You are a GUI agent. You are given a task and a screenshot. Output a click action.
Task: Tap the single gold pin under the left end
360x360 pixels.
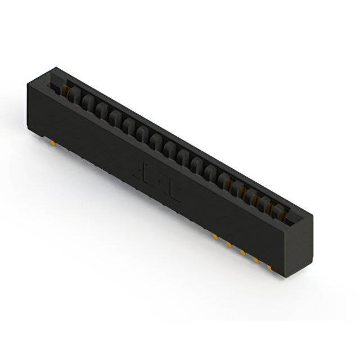point(52,143)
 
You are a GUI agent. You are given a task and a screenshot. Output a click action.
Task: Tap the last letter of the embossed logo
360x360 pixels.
point(175,191)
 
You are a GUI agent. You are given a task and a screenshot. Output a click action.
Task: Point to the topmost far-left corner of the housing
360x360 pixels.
point(54,68)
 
